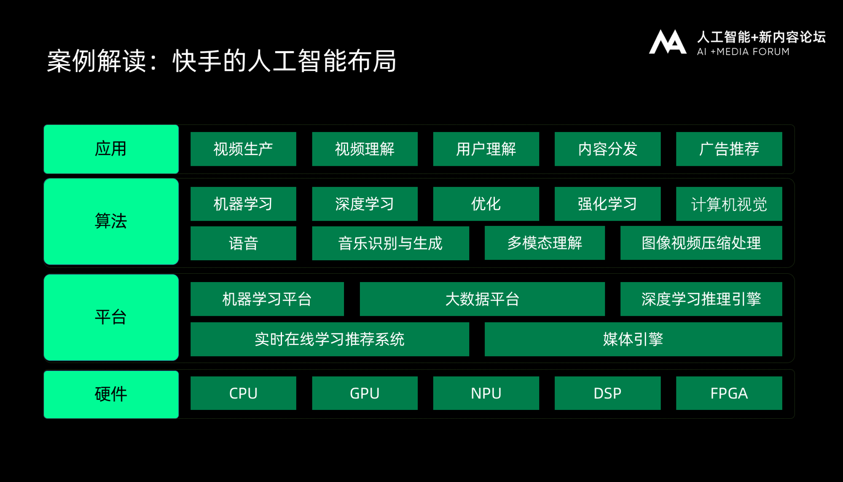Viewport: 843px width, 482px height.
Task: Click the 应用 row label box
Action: click(x=111, y=149)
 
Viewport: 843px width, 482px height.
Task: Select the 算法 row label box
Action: click(x=111, y=221)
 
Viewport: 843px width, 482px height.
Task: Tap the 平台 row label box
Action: click(x=111, y=317)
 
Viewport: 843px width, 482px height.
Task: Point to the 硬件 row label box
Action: click(x=111, y=394)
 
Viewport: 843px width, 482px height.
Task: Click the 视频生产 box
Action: click(x=243, y=149)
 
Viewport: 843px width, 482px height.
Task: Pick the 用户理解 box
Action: click(x=486, y=149)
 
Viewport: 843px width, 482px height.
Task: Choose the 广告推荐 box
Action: click(x=729, y=149)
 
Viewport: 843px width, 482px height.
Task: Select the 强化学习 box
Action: click(x=607, y=204)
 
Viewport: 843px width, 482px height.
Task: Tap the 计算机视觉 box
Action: click(x=729, y=204)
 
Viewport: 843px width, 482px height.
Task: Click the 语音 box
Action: click(x=243, y=243)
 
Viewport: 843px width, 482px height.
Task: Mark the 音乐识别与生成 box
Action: click(x=390, y=243)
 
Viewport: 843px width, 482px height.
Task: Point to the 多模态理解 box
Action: click(x=545, y=243)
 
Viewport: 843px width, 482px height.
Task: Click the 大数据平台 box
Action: click(x=482, y=299)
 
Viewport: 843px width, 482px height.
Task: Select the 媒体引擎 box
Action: click(x=634, y=339)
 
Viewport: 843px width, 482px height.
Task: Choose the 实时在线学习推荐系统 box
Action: click(x=330, y=339)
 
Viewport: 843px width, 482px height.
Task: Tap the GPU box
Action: click(x=365, y=393)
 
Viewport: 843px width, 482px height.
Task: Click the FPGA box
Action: click(x=729, y=393)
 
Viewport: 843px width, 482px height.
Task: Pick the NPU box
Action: click(x=486, y=393)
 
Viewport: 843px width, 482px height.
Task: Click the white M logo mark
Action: click(x=668, y=42)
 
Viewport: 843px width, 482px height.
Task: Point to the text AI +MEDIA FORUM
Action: click(x=743, y=52)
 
